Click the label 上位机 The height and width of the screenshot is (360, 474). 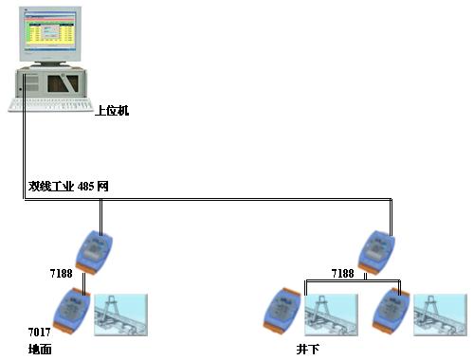tap(112, 111)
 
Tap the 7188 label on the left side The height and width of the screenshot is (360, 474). tap(62, 273)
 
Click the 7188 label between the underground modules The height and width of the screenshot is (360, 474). tap(343, 273)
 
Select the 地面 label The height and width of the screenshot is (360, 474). tap(40, 349)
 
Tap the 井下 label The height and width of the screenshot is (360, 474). tap(307, 349)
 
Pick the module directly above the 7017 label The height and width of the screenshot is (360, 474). tap(71, 310)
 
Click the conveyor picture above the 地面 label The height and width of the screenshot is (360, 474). tap(121, 314)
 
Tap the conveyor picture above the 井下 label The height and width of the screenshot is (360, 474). tap(331, 314)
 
